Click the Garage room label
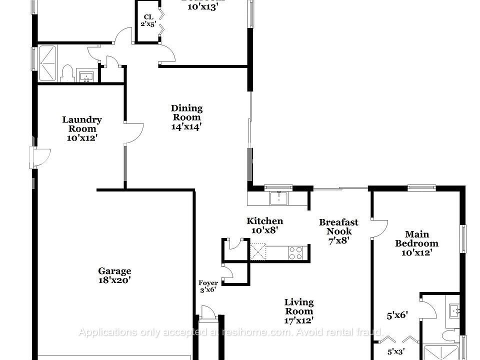(x=114, y=271)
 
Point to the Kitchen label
(x=264, y=221)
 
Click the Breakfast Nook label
(x=338, y=226)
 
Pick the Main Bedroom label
(x=416, y=239)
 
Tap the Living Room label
(x=299, y=306)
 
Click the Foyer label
(x=208, y=283)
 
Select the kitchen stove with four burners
(x=295, y=252)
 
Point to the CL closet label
(x=148, y=17)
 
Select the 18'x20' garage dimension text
(x=114, y=281)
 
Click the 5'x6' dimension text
(x=397, y=315)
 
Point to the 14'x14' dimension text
(x=186, y=126)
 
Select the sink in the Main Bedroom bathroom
(x=454, y=310)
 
